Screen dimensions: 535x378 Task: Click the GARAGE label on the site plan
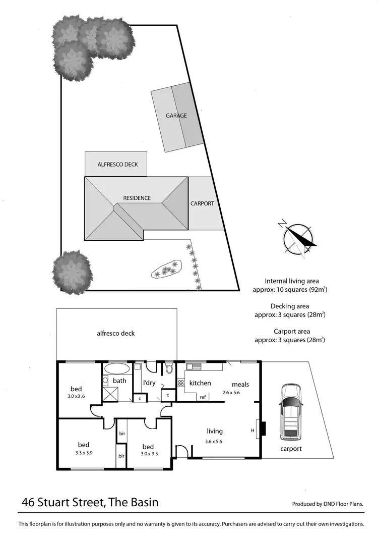pyautogui.click(x=176, y=116)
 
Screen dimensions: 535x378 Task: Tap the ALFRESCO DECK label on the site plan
pyautogui.click(x=117, y=165)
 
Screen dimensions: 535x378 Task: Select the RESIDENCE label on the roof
pyautogui.click(x=137, y=198)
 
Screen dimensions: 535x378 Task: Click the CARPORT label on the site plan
pyautogui.click(x=202, y=204)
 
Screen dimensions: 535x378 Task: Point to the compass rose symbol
pyautogui.click(x=297, y=239)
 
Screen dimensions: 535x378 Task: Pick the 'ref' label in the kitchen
pyautogui.click(x=203, y=397)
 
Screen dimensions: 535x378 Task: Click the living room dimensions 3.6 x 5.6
pyautogui.click(x=214, y=442)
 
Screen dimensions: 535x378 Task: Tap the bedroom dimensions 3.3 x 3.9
pyautogui.click(x=83, y=453)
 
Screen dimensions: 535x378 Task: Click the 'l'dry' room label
pyautogui.click(x=149, y=383)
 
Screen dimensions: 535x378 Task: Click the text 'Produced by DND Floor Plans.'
pyautogui.click(x=328, y=504)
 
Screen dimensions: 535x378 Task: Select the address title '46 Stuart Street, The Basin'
pyautogui.click(x=90, y=502)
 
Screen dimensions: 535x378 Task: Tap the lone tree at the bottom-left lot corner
pyautogui.click(x=73, y=271)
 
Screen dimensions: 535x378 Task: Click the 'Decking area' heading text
pyautogui.click(x=290, y=306)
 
